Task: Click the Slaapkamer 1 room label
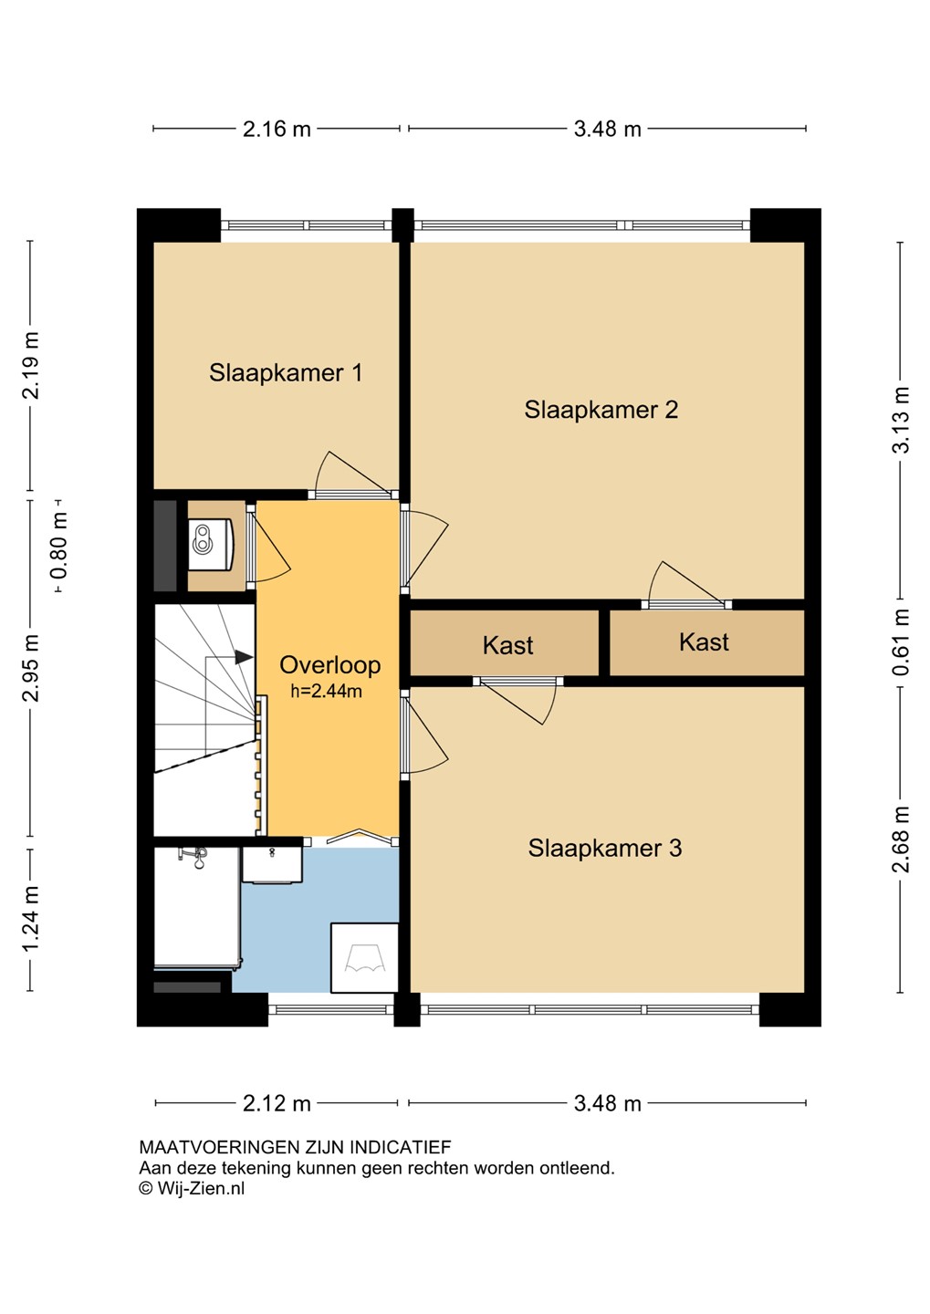tap(285, 373)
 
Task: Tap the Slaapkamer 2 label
tap(601, 410)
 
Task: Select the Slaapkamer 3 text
tap(605, 848)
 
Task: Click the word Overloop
tap(329, 665)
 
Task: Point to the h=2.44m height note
tap(326, 691)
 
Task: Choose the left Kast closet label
tap(507, 645)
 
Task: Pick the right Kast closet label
tap(704, 642)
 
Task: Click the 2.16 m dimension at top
tap(277, 129)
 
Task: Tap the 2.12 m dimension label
tap(277, 1104)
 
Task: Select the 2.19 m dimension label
tap(30, 365)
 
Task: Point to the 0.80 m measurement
tap(58, 545)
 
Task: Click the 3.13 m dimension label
tap(901, 420)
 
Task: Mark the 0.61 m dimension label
tap(901, 641)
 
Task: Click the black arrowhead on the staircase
tap(244, 657)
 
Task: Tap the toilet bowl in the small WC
tap(211, 545)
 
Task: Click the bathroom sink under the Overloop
tap(272, 864)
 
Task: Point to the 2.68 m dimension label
tap(901, 839)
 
